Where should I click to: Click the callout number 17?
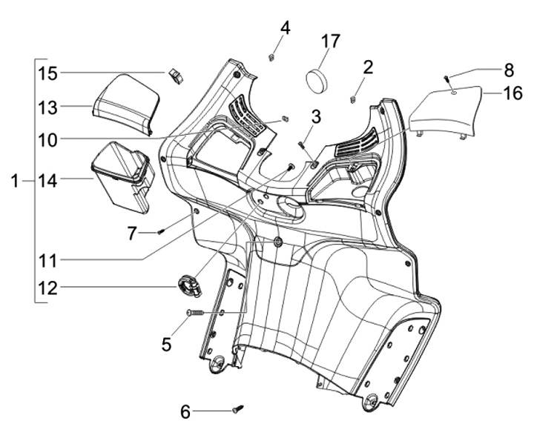330,42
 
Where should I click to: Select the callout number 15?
47,73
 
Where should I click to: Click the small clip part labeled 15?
176,76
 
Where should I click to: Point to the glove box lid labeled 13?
126,104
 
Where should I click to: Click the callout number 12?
47,289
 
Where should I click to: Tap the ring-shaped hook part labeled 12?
190,286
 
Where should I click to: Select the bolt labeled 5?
195,312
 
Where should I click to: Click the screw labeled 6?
238,408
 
